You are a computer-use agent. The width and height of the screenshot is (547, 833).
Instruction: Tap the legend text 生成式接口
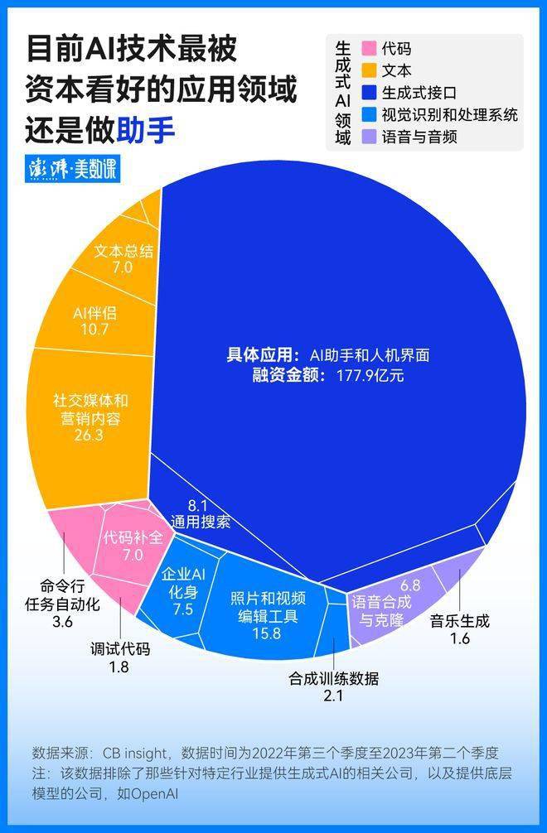tap(418, 93)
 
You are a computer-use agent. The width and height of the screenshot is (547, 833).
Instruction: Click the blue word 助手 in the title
tap(147, 131)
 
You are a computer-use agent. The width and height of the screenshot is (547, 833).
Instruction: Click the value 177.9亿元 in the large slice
tap(364, 375)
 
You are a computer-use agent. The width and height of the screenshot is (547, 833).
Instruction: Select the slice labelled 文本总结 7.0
tap(123, 258)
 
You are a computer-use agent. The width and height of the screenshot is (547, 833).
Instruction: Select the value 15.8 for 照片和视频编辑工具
tap(267, 634)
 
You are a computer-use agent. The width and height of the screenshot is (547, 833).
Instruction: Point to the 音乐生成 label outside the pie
tap(460, 621)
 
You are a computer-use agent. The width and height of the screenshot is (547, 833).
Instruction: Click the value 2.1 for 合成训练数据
tap(333, 696)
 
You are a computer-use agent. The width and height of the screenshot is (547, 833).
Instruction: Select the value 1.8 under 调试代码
tap(119, 666)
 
